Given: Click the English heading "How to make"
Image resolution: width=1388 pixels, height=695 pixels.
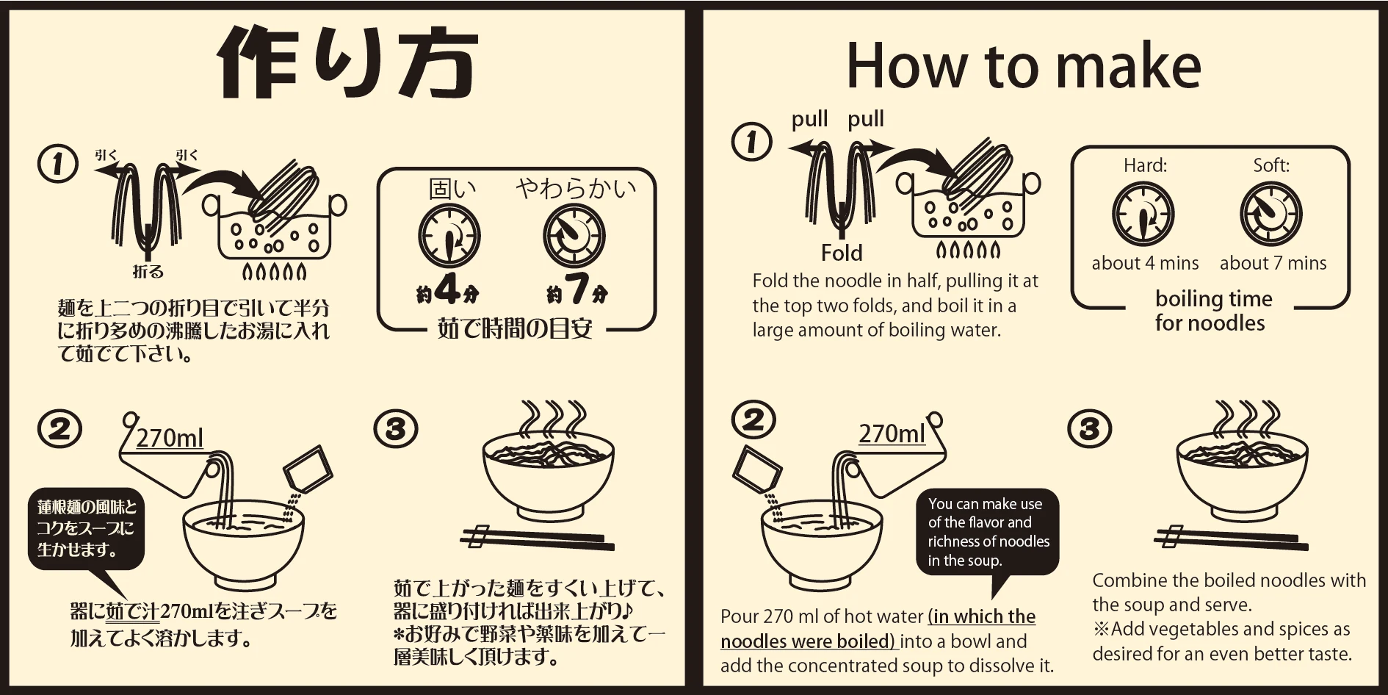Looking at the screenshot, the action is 1024,66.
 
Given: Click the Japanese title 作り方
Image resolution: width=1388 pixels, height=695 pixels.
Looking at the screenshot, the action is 347,62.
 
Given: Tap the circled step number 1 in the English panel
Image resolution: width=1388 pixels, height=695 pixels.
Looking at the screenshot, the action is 752,141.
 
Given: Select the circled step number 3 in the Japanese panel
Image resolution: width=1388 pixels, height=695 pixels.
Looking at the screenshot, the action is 396,429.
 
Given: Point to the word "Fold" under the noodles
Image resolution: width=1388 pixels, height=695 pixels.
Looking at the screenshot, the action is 842,253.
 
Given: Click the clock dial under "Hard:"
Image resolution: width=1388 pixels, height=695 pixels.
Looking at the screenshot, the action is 1143,215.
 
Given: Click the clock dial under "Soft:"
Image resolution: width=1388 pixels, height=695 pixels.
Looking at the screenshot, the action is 1271,215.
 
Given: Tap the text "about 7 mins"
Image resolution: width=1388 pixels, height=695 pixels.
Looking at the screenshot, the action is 1273,263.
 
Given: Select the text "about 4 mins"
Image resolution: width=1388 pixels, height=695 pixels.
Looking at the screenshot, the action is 1145,263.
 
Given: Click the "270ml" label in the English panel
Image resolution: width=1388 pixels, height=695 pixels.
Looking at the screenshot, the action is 892,433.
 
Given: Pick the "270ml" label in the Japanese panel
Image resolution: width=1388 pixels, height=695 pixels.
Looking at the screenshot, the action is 170,438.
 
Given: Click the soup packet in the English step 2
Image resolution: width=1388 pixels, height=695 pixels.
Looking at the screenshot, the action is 756,469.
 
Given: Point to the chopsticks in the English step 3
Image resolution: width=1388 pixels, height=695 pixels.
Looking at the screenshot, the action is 1232,539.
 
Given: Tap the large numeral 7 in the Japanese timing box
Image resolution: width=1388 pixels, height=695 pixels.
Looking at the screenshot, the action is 576,289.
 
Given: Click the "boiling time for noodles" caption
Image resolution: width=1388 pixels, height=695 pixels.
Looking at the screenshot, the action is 1212,311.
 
